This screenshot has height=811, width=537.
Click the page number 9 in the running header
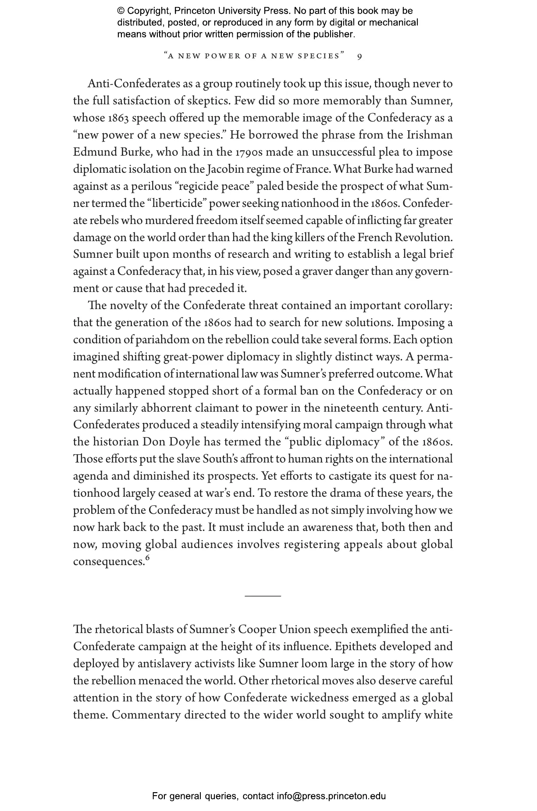coord(359,56)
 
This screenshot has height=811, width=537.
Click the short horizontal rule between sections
coord(263,596)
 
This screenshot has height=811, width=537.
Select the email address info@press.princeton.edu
coord(331,796)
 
